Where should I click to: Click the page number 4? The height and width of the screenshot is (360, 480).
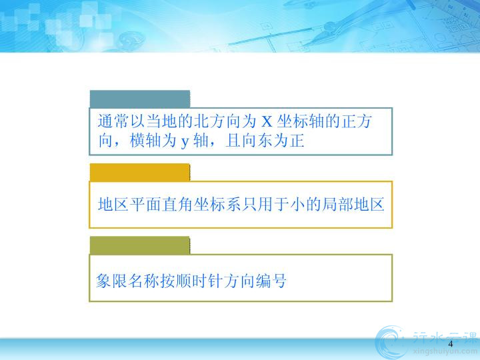tap(450, 344)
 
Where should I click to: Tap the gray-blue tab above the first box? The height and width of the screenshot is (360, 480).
tap(140, 99)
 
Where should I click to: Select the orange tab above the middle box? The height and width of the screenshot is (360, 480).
tap(140, 173)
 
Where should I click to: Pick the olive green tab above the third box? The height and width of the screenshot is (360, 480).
tap(140, 245)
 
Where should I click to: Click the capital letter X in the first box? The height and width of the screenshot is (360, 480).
tap(267, 121)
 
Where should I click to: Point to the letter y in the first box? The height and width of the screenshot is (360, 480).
tap(185, 142)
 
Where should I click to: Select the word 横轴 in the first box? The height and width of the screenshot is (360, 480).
tap(145, 141)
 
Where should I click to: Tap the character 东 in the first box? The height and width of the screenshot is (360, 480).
tap(265, 141)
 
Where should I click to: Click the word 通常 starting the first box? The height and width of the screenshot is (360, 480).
tap(113, 121)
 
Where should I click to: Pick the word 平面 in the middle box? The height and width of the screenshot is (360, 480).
tap(145, 204)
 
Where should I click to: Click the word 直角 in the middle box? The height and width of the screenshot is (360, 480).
tap(177, 204)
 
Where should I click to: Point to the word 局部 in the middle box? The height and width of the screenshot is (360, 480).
tap(337, 204)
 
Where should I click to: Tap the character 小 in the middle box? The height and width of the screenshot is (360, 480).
tap(297, 204)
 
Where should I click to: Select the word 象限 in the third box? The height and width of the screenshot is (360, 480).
tap(112, 281)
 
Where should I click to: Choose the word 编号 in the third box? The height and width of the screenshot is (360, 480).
tap(271, 281)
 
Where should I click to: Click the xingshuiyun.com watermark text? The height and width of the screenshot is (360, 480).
tap(444, 351)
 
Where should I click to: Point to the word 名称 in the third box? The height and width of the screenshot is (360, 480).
tap(143, 281)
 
